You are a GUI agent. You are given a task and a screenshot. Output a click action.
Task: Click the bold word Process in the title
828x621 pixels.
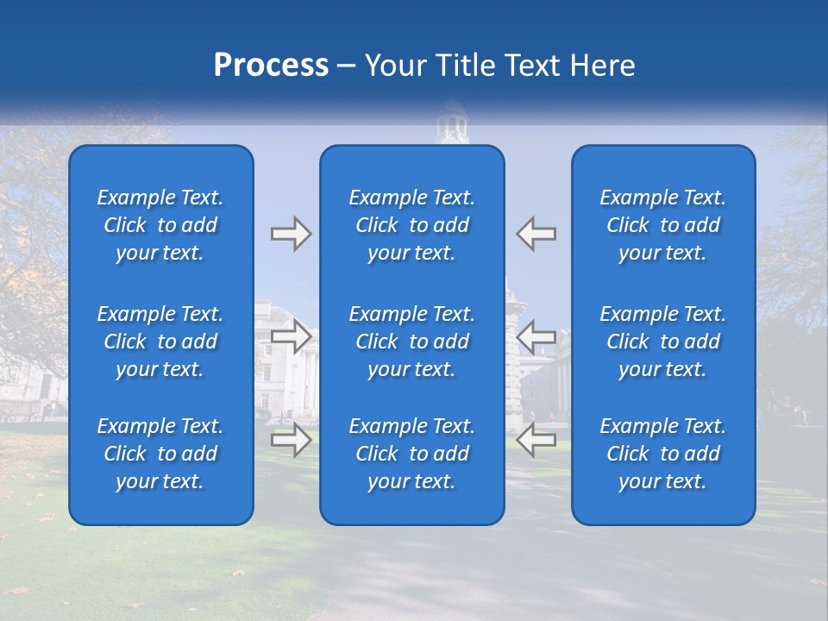point(271,66)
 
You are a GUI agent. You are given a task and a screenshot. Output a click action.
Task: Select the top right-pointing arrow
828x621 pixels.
point(291,234)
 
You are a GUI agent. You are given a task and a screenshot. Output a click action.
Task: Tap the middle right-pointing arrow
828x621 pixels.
point(291,336)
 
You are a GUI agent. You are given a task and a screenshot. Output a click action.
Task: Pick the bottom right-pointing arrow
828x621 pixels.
point(291,440)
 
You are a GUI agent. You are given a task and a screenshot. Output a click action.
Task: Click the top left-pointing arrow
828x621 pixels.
point(536,234)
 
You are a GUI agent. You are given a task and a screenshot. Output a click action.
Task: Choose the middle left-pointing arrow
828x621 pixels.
point(536,336)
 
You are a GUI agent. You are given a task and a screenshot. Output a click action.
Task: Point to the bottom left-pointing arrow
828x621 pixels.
point(536,440)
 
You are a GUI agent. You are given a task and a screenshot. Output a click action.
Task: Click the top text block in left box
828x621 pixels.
point(160,225)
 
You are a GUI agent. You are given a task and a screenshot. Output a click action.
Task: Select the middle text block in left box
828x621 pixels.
point(160,342)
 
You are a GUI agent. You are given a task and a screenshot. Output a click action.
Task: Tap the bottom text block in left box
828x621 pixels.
point(160,454)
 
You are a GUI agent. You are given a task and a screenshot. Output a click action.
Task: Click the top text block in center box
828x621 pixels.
point(411,225)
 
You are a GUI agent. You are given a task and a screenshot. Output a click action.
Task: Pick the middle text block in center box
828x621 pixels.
point(411,342)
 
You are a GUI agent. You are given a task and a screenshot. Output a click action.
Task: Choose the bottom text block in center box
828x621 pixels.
point(411,454)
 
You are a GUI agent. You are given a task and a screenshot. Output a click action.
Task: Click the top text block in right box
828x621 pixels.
point(662,225)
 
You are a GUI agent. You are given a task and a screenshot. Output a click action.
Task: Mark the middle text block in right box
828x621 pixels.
point(662,342)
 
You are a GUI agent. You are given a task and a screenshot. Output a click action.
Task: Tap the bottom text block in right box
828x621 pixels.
point(662,454)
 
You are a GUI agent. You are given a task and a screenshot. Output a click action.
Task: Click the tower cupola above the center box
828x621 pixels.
point(451,125)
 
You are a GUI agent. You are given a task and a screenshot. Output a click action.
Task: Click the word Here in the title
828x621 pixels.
point(602,66)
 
